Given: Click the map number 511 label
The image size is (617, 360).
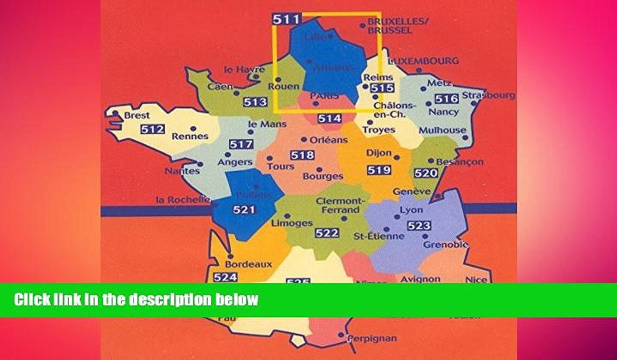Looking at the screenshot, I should point(286,20).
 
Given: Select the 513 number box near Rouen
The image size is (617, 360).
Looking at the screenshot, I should point(255,102).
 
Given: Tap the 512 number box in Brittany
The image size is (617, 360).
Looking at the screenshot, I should point(152,129).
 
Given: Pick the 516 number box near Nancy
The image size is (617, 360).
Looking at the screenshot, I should point(446,98).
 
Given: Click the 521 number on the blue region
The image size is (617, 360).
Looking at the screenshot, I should point(244,210).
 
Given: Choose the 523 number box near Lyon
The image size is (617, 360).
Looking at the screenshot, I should point(418,225).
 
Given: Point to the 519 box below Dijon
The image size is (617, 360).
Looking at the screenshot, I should point(378,170).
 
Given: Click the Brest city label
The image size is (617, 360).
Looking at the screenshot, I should point(136,115).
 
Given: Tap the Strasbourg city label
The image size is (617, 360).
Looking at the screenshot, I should point(488,95).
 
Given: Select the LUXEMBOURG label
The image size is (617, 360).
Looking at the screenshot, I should point(423,60).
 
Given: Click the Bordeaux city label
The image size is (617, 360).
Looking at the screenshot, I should point(248,264).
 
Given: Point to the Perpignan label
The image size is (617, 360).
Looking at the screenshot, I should point(372,338).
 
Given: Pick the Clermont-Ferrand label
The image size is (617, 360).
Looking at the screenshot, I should point(337,205).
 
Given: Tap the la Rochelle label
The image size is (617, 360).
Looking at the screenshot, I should point(182,199).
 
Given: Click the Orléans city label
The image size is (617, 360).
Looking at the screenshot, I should point(328,140).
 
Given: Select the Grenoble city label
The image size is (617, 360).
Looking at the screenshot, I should point(445,244).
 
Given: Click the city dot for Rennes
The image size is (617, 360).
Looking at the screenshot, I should point(192,128).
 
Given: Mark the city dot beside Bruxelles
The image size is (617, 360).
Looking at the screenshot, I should point(362,24).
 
